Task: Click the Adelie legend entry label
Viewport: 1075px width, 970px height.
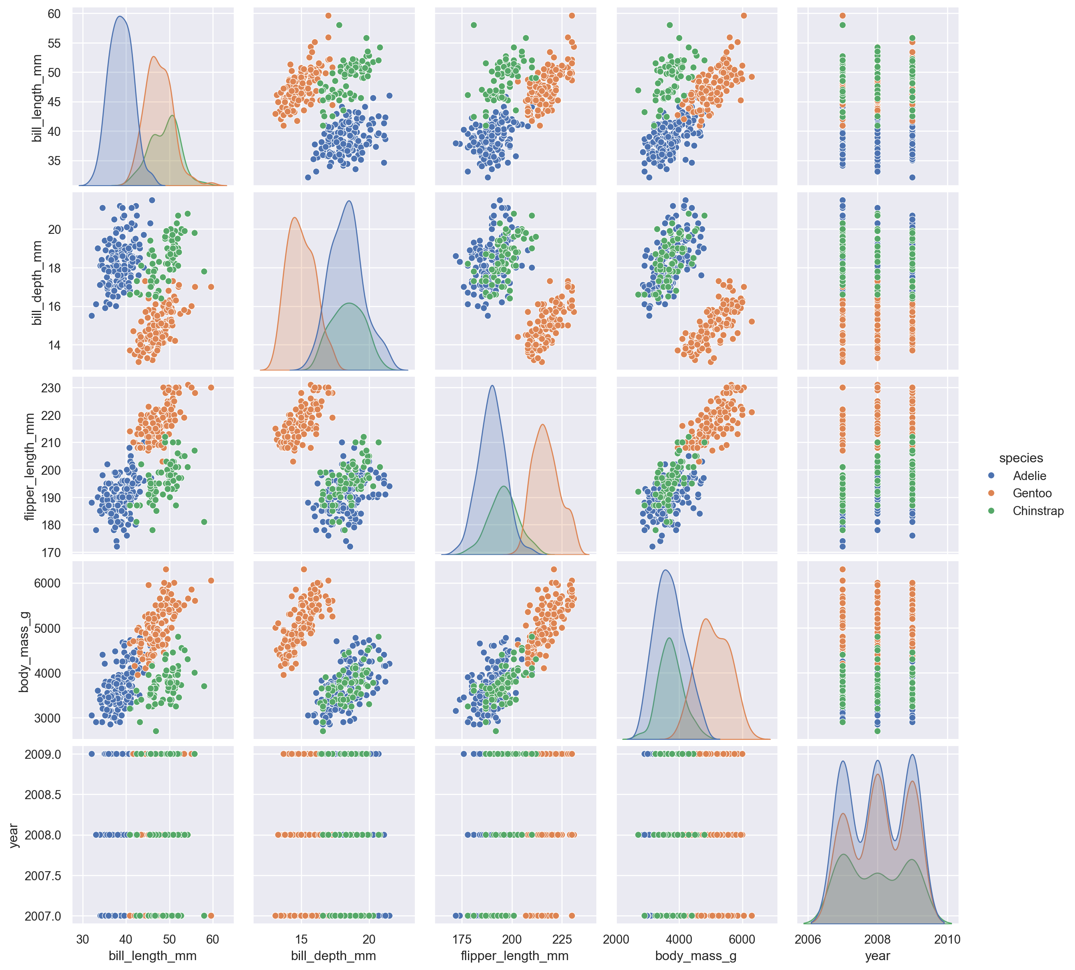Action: [1029, 476]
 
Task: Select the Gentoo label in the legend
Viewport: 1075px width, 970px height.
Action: [1032, 494]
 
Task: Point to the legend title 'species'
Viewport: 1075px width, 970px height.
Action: [1021, 458]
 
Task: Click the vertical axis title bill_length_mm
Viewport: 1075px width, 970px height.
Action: [37, 98]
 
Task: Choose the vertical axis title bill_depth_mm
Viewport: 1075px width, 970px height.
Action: [37, 282]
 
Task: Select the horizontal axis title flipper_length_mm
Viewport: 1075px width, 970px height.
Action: [514, 956]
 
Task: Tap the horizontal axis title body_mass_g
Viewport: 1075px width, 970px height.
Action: [696, 956]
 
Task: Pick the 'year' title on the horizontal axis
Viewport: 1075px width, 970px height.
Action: [877, 956]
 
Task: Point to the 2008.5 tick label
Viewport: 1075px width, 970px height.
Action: [43, 795]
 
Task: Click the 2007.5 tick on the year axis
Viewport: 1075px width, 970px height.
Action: [43, 876]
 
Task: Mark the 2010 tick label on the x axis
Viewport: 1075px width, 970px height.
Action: [947, 939]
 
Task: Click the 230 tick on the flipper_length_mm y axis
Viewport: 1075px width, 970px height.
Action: [51, 388]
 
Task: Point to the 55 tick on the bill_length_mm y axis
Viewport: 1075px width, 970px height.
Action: [54, 43]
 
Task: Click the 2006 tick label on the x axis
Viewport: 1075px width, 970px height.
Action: [807, 939]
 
